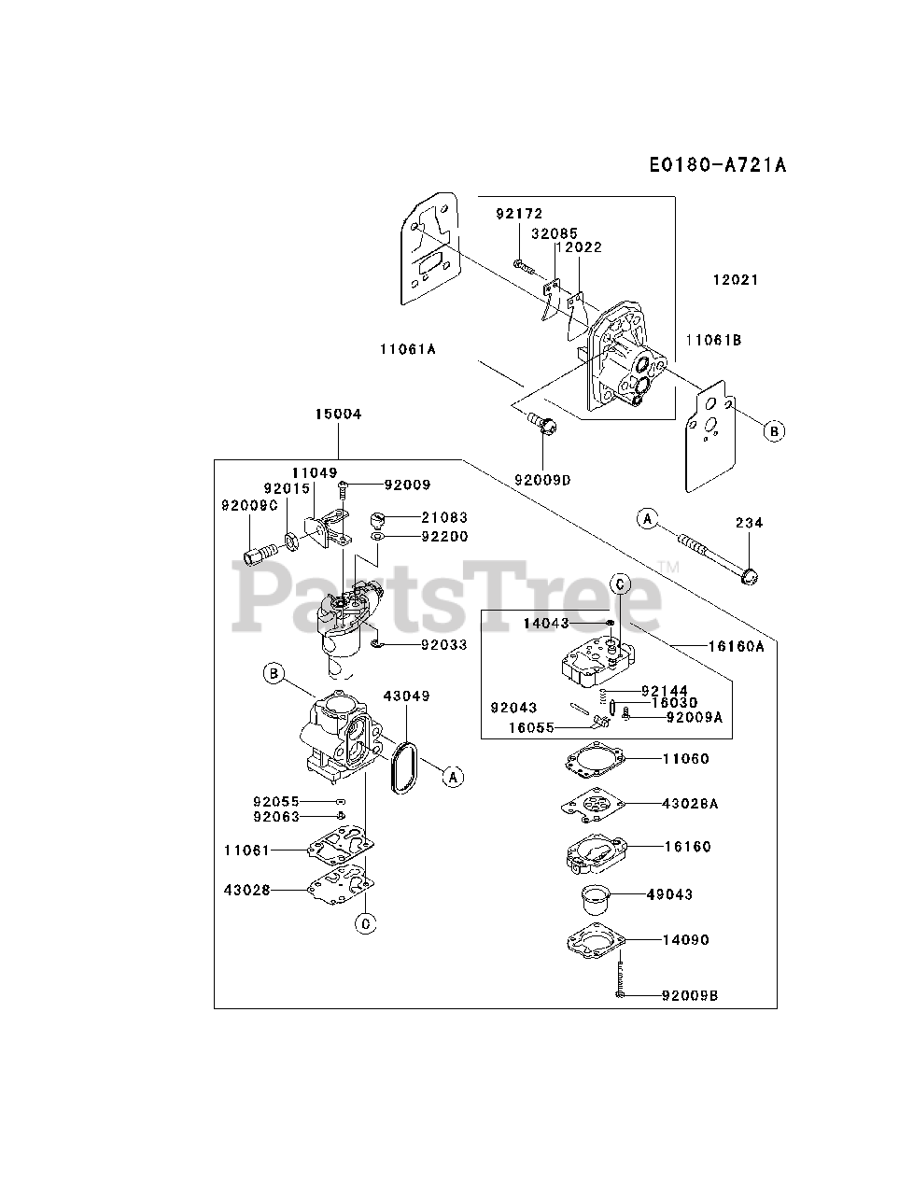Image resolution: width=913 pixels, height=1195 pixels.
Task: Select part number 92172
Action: pyautogui.click(x=518, y=214)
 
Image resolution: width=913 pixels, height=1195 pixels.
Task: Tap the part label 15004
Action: pyautogui.click(x=338, y=414)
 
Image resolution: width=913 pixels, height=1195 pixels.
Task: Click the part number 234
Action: pyautogui.click(x=748, y=523)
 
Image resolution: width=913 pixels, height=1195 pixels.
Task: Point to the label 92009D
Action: pyautogui.click(x=541, y=480)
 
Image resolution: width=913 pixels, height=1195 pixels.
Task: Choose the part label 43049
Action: pyautogui.click(x=406, y=696)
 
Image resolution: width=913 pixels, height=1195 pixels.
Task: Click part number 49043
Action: pyautogui.click(x=669, y=894)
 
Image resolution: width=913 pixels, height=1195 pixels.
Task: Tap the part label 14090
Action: pyautogui.click(x=685, y=940)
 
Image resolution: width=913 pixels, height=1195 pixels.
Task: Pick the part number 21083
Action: pyautogui.click(x=443, y=517)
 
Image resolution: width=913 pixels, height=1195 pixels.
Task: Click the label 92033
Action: pyautogui.click(x=443, y=645)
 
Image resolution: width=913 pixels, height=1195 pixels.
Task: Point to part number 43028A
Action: pyautogui.click(x=691, y=803)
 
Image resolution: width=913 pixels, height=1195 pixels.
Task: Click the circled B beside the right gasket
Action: pyautogui.click(x=773, y=431)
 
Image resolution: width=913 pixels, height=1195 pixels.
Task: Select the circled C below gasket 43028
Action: pyautogui.click(x=366, y=923)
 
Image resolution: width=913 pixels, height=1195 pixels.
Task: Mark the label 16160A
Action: pyautogui.click(x=737, y=645)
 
